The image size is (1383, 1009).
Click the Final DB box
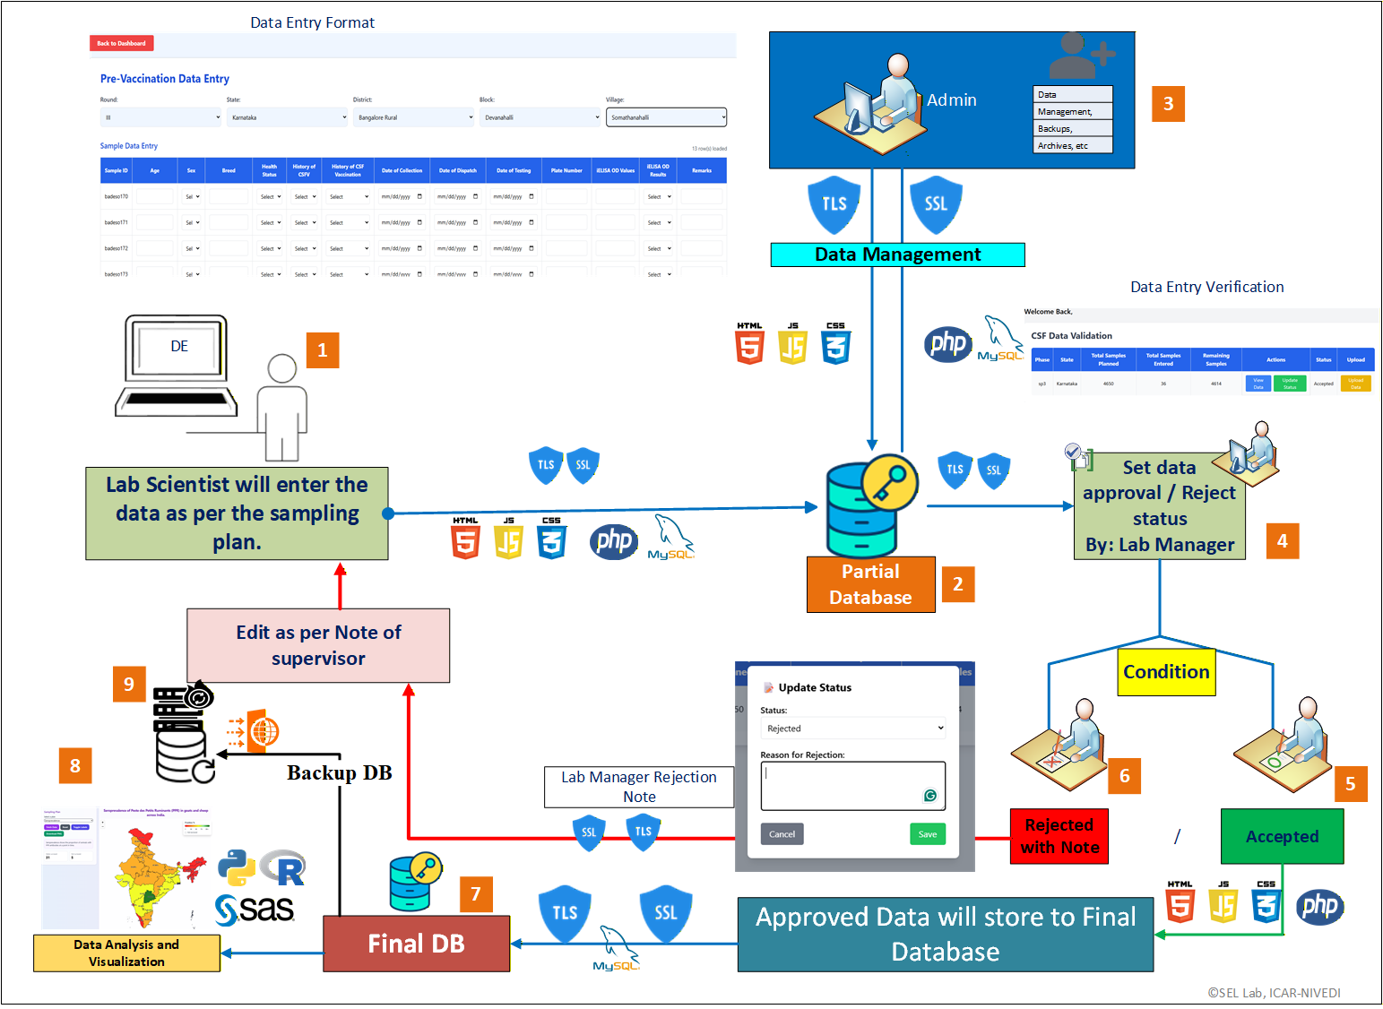coord(416,944)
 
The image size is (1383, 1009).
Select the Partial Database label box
coord(870,584)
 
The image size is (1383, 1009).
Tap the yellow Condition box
coord(1166,672)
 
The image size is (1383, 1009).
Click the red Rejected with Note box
coord(1059,836)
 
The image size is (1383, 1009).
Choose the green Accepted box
coord(1282,836)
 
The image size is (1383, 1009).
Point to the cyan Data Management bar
coord(897,254)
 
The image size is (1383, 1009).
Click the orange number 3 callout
coord(1168,104)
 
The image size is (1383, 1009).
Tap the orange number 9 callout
coord(129,684)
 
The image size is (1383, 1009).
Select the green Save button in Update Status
coord(928,834)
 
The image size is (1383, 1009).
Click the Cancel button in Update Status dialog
coord(782,834)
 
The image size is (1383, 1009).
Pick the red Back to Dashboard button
coord(121,43)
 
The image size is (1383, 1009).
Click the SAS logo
coord(255,909)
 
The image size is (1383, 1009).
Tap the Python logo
coord(236,867)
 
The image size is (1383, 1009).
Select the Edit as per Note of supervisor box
coord(318,645)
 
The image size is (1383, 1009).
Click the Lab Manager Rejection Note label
coord(639,787)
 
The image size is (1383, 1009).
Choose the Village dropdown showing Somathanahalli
coord(666,117)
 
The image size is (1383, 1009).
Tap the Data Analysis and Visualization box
coord(126,953)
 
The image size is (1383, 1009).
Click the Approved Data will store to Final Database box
coord(945,935)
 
